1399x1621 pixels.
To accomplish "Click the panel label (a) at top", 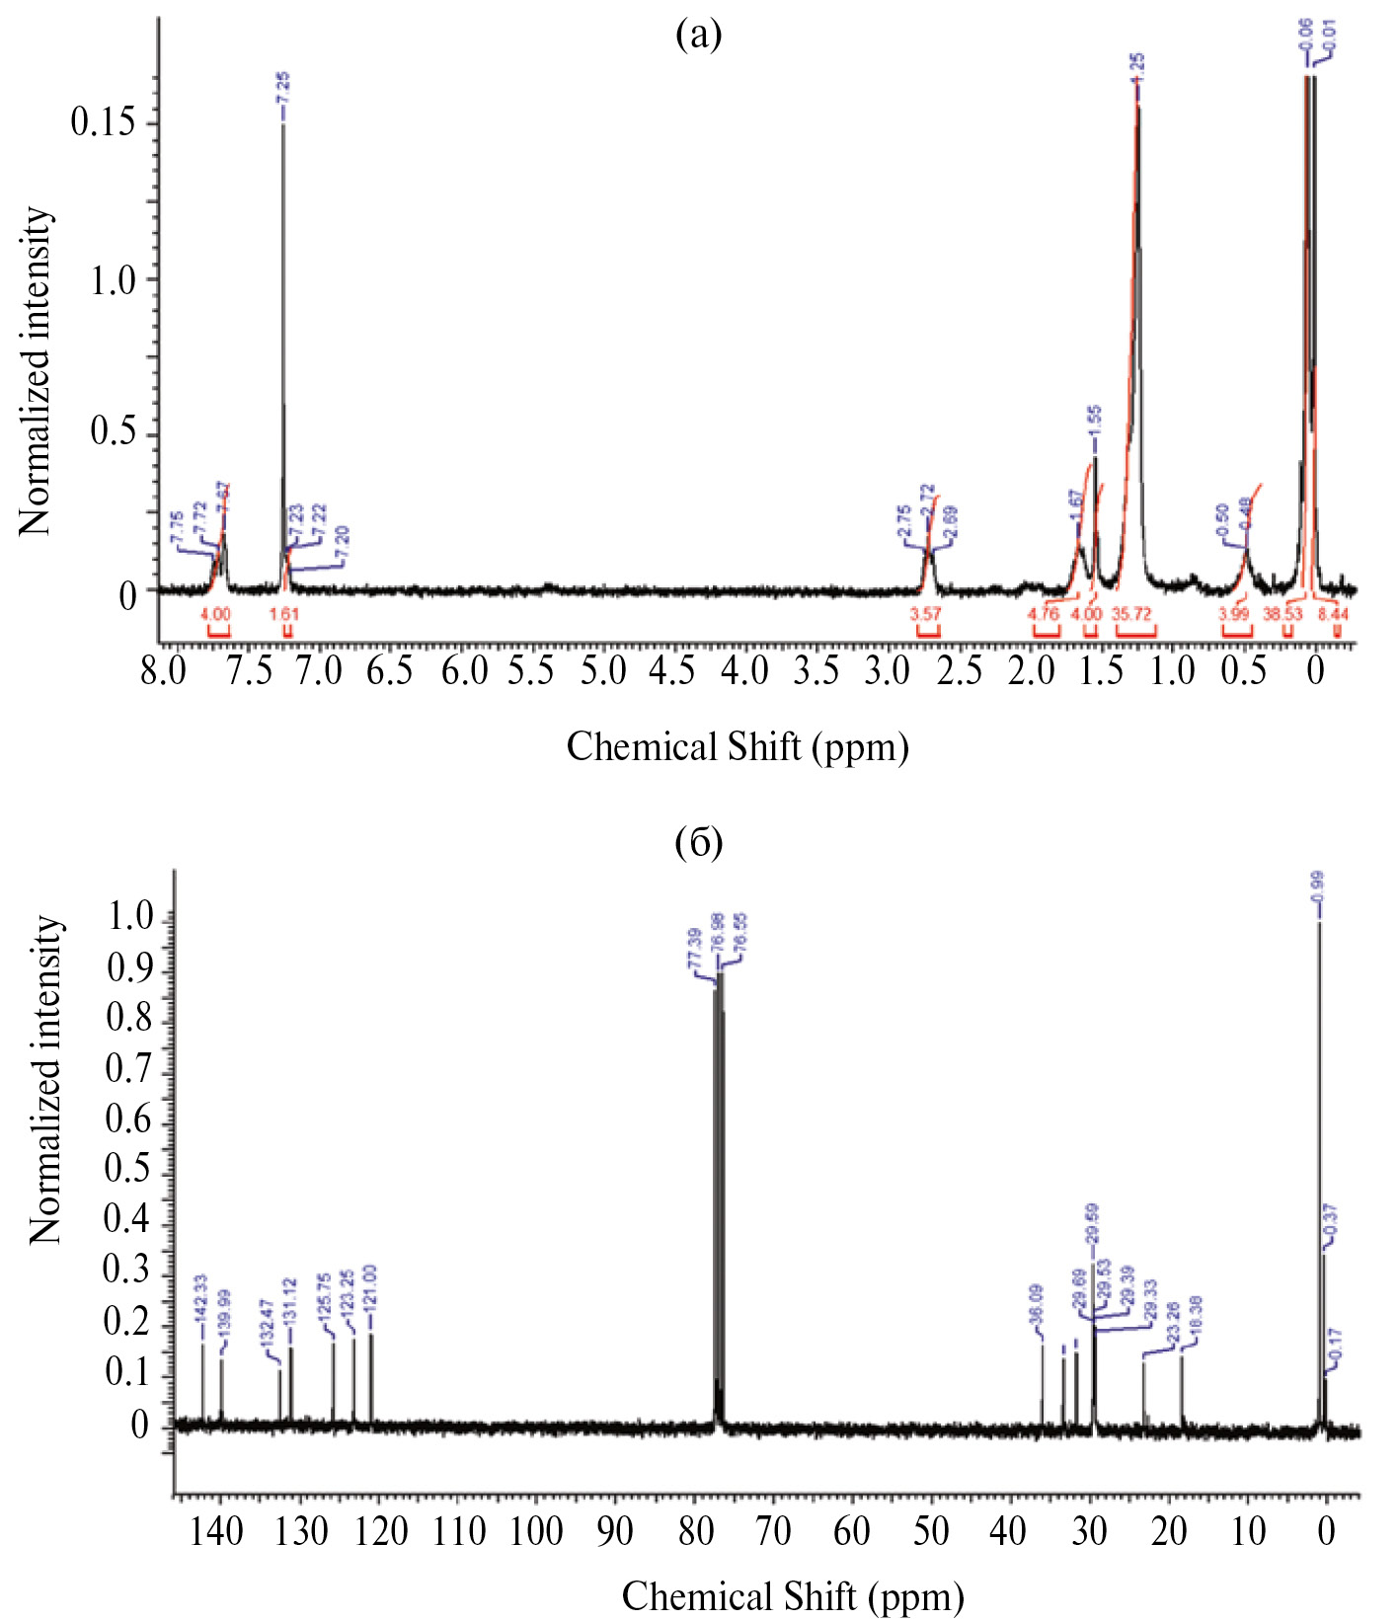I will [698, 36].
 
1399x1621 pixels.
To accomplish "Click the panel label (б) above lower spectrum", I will [698, 842].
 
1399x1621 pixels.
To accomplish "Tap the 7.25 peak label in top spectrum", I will [283, 94].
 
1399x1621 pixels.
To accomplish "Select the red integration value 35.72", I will [1132, 614].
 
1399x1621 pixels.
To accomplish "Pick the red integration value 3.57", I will [925, 614].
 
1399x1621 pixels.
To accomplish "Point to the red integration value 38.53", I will [1283, 614].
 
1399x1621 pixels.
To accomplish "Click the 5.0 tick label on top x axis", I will [602, 672].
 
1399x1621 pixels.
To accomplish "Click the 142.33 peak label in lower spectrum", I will [200, 1299].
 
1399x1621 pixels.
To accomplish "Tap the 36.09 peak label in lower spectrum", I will [1037, 1308].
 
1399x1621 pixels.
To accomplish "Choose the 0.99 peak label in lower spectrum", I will [1318, 891].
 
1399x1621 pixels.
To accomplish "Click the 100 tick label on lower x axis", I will [537, 1531].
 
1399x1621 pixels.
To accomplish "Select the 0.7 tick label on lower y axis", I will [128, 1068].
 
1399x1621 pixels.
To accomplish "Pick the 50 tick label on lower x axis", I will [930, 1531].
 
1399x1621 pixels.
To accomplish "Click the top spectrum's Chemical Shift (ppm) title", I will [738, 746].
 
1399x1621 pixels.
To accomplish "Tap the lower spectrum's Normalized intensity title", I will [45, 1080].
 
